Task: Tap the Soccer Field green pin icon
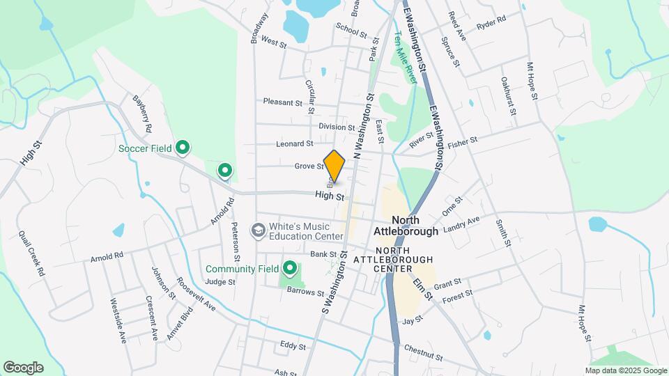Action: click(183, 148)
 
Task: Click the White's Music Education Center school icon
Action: click(258, 230)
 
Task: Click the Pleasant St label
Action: click(282, 102)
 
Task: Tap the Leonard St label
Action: click(295, 144)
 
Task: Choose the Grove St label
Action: click(309, 166)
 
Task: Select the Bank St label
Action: click(324, 254)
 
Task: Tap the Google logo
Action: click(23, 368)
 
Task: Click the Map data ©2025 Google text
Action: click(625, 370)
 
